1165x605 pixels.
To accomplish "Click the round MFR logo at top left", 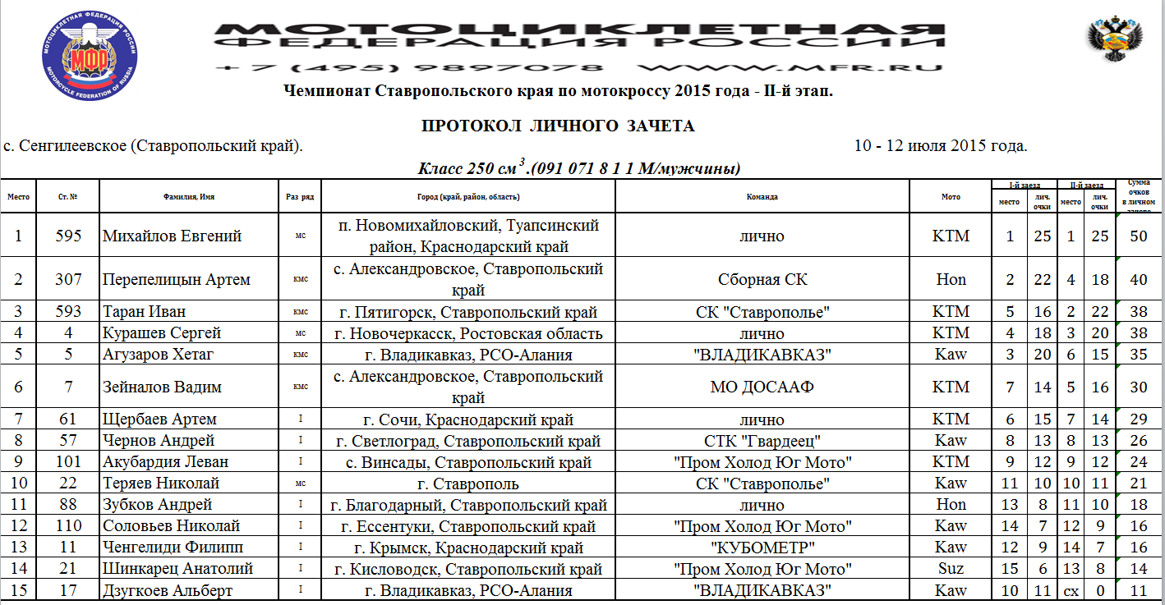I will (x=90, y=49).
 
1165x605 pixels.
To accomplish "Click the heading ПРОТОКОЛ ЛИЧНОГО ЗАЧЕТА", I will (x=558, y=126).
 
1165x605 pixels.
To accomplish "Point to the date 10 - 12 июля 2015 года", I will (x=941, y=146).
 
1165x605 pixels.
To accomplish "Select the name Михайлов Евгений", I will (x=172, y=236).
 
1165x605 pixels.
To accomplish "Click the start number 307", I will (x=69, y=279).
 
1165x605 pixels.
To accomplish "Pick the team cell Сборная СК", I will (x=762, y=279).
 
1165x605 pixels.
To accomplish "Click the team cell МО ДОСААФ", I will (x=762, y=387).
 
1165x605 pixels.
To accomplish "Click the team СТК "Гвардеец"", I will (x=762, y=441).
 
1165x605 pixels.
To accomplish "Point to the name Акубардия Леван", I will (x=165, y=462).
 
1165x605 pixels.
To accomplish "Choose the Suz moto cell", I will (x=951, y=569).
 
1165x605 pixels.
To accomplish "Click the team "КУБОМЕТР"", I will (x=762, y=548).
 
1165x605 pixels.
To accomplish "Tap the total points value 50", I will (x=1139, y=236).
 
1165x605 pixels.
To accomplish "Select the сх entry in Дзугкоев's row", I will (x=1071, y=590).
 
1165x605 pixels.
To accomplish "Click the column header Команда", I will (x=762, y=197).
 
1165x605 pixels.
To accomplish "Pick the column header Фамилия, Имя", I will (x=189, y=197).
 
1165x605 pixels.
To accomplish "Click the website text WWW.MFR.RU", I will (x=789, y=68).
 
